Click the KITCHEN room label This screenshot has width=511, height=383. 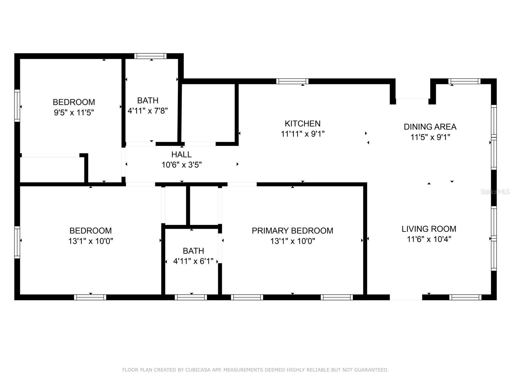click(302, 124)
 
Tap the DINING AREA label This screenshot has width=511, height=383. click(430, 127)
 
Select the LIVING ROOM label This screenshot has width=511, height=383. click(429, 229)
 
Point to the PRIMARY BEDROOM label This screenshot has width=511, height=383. click(293, 231)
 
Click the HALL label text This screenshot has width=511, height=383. click(181, 154)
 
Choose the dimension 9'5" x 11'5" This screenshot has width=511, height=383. click(74, 113)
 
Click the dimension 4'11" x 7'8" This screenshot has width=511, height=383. click(148, 111)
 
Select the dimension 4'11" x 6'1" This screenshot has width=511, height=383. click(193, 261)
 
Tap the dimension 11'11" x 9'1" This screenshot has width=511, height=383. click(303, 134)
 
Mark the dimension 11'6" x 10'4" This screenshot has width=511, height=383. click(429, 239)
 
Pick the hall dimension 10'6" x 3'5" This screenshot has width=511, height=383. click(182, 165)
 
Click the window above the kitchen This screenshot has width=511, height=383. click(292, 81)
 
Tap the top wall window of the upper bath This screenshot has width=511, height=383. click(150, 56)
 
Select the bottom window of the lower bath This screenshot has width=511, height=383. click(191, 297)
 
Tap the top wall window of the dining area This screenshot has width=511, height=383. click(464, 81)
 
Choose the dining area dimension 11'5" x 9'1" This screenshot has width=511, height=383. click(430, 137)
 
